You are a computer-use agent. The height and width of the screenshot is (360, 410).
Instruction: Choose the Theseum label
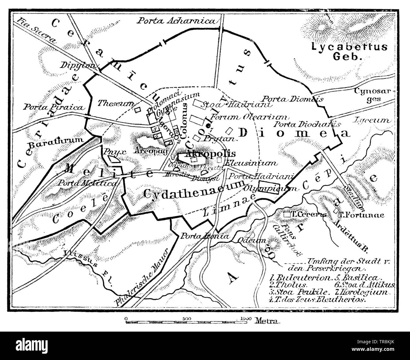(x=116, y=103)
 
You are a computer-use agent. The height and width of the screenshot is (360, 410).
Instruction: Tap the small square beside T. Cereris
(x=287, y=215)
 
